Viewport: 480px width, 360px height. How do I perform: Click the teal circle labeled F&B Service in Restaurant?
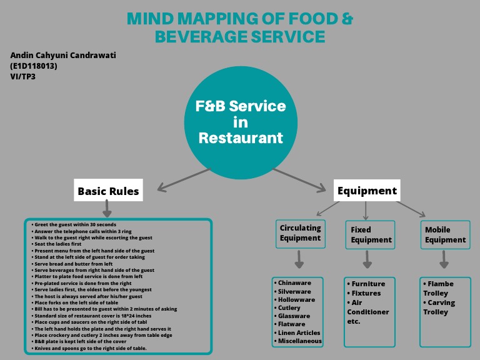click(x=241, y=122)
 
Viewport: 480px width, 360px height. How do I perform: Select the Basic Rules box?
click(x=108, y=191)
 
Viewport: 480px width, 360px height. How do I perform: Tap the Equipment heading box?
click(x=367, y=191)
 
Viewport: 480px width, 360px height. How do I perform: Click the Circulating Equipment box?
click(x=300, y=234)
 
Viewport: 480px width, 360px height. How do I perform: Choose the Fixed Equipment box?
click(x=371, y=234)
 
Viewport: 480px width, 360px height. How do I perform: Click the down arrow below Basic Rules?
click(x=107, y=208)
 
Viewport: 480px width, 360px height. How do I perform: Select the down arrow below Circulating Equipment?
click(x=299, y=259)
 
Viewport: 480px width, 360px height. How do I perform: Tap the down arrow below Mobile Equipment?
click(x=444, y=259)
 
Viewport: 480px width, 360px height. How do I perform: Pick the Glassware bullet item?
click(x=294, y=316)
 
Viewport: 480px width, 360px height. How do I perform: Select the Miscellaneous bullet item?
click(x=300, y=341)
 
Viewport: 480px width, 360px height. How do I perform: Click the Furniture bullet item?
click(x=368, y=284)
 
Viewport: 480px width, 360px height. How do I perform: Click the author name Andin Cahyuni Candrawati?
click(x=63, y=56)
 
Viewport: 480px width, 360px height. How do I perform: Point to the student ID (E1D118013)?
click(x=34, y=66)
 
